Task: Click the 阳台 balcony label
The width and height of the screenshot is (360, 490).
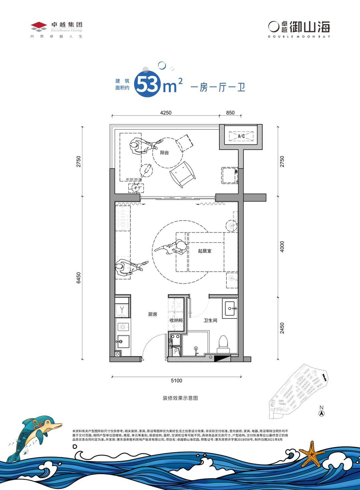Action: (164, 152)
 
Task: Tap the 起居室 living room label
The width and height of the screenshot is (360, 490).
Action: (204, 251)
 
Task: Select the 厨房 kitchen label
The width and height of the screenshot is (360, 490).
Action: (153, 314)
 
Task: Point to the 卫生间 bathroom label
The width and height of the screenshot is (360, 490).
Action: (210, 320)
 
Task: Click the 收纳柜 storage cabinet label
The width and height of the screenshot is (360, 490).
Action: (176, 320)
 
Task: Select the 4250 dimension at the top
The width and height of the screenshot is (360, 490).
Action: (166, 113)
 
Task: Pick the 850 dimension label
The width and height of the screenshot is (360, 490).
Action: (230, 113)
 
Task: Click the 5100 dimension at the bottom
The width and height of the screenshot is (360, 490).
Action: (176, 380)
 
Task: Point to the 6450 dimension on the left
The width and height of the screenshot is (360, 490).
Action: (79, 278)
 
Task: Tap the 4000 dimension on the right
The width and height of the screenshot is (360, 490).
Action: (282, 246)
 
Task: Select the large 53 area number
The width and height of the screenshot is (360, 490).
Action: (147, 86)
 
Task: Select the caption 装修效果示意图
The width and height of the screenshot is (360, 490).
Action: (180, 398)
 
